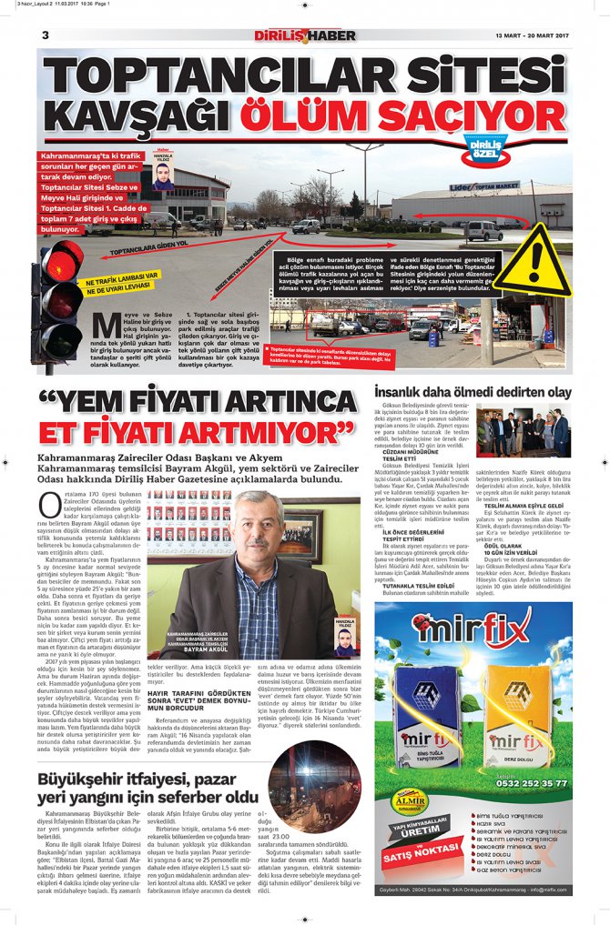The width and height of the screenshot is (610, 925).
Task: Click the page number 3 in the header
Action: click(x=45, y=35)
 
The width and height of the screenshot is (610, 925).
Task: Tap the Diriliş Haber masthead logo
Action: click(x=305, y=35)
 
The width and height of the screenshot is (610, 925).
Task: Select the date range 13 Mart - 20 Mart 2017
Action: click(x=532, y=35)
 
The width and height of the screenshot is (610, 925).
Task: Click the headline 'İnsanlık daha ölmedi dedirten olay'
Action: click(x=473, y=392)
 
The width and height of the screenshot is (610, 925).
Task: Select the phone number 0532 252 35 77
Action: click(x=532, y=782)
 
